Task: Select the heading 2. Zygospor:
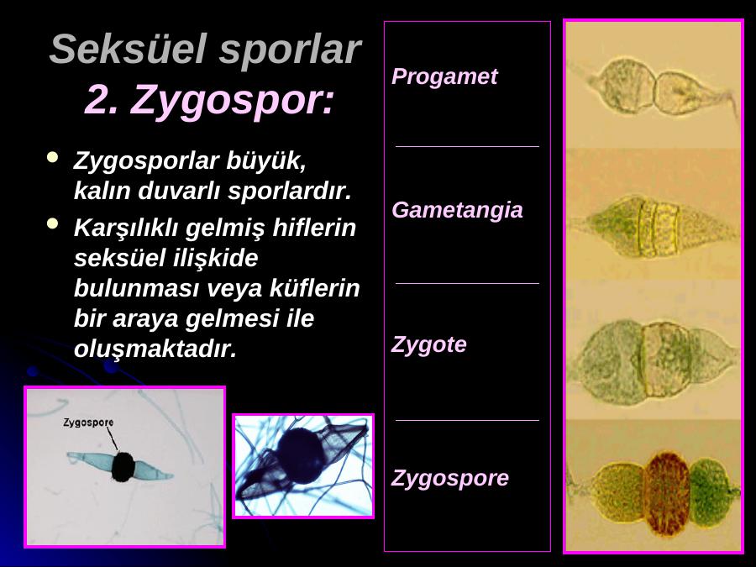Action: tap(209, 100)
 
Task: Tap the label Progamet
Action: tap(444, 77)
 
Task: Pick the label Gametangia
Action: tap(457, 211)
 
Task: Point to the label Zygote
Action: tap(428, 345)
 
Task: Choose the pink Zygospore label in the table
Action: tap(450, 479)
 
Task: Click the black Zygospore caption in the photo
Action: tap(89, 423)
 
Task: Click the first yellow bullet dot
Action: tap(52, 157)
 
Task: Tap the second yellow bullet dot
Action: tap(52, 223)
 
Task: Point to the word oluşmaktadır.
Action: tap(155, 349)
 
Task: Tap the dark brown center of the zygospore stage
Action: tap(667, 494)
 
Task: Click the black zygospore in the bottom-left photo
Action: tap(123, 466)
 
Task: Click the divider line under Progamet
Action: tap(467, 146)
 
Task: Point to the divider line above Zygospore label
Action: tap(467, 421)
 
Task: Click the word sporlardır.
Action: tap(289, 192)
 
